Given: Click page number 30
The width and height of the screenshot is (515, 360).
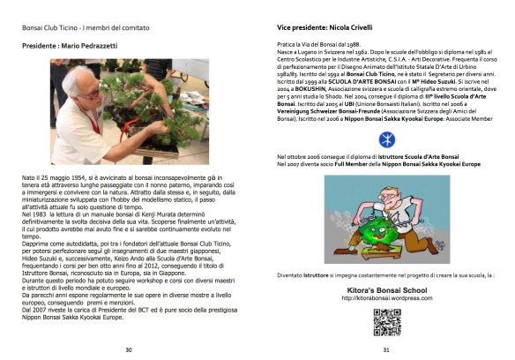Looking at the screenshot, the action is coord(128,349).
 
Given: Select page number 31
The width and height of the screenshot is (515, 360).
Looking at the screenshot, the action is coord(385,349).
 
